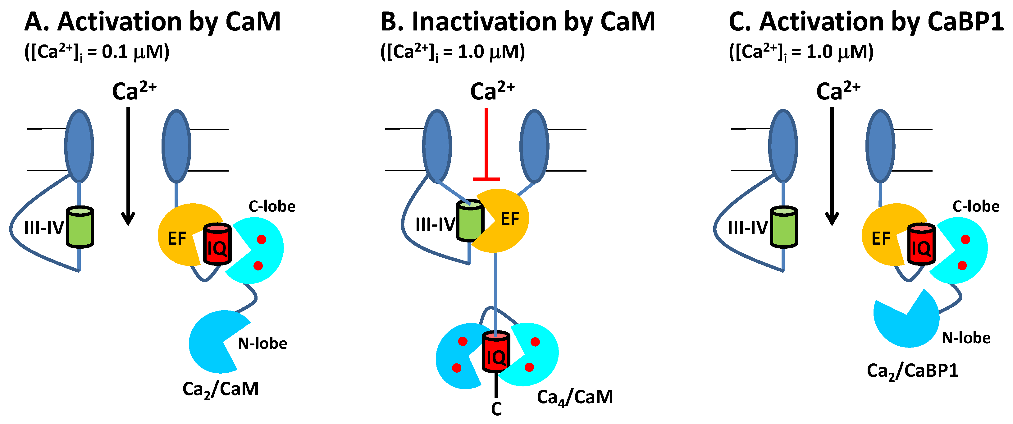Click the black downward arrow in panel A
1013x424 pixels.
(128, 165)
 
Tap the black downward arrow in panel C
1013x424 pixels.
(832, 165)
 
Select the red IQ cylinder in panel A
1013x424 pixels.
(217, 245)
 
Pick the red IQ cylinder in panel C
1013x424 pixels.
(921, 245)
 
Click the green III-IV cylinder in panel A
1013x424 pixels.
(80, 228)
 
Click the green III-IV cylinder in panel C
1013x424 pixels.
(784, 228)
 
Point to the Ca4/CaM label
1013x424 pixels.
(575, 397)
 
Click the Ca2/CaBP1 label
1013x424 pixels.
(912, 371)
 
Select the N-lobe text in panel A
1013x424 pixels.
(262, 344)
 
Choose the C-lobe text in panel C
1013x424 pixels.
(976, 206)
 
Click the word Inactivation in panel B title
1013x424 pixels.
(484, 22)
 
